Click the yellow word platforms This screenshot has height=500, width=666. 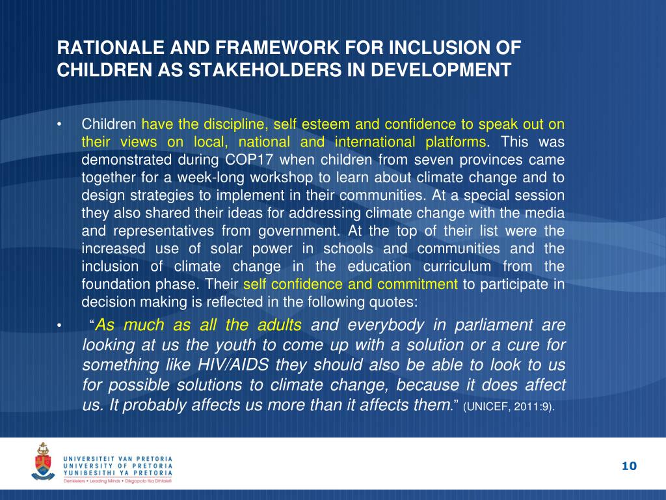456,143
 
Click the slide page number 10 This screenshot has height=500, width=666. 629,465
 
